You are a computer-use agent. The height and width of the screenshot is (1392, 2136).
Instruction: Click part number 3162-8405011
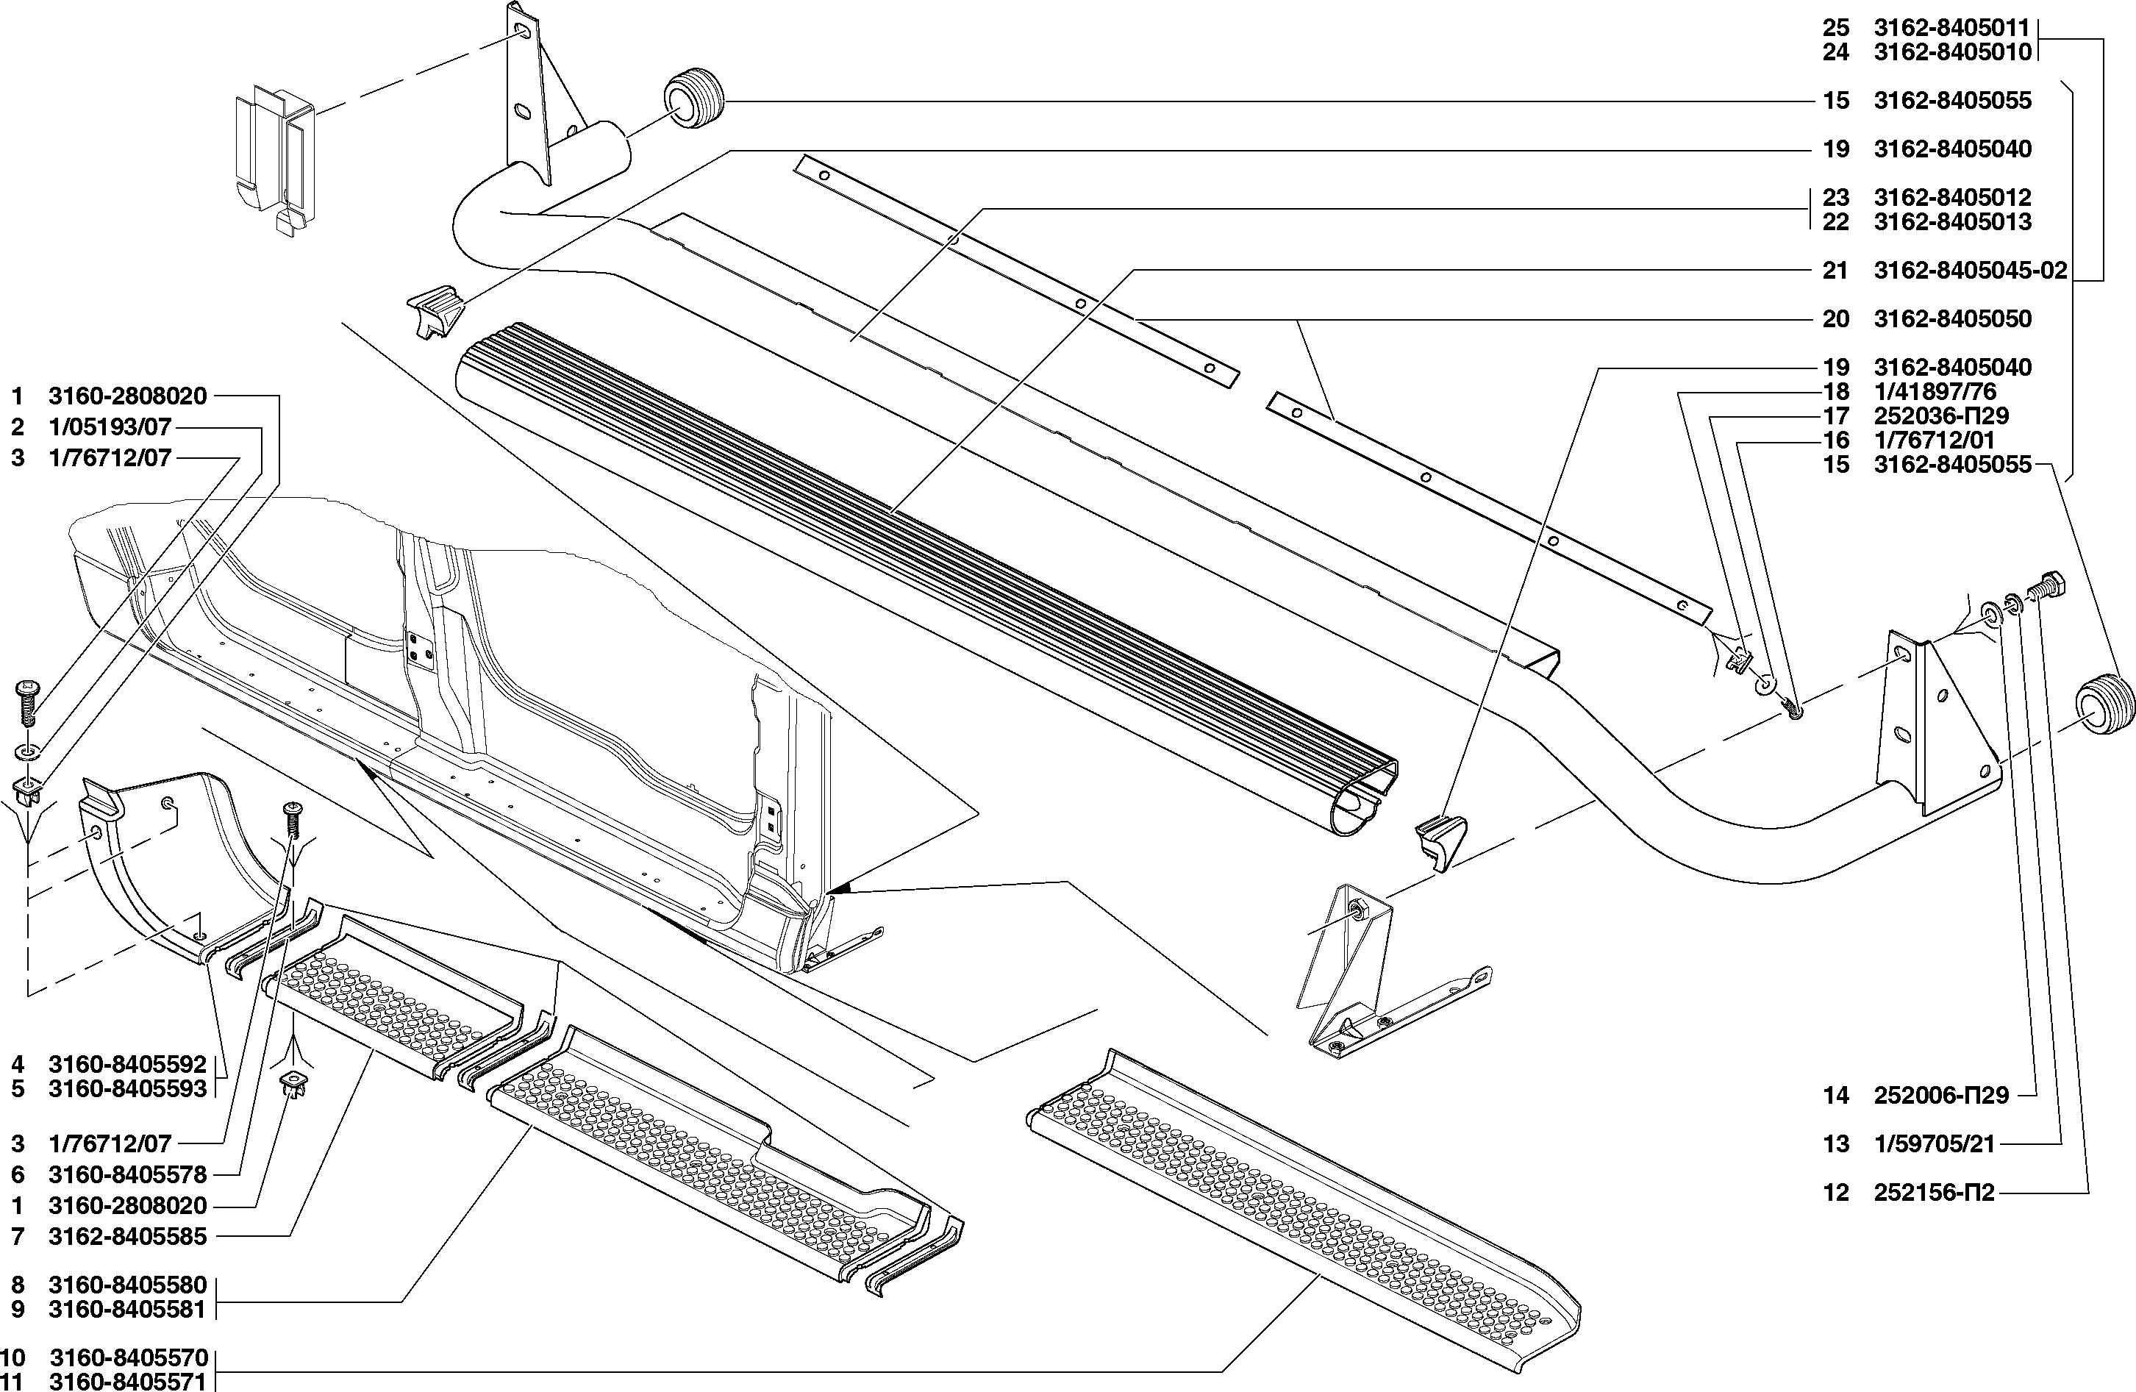(x=1952, y=28)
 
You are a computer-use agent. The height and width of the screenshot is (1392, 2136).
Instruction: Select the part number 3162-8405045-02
(x=1971, y=270)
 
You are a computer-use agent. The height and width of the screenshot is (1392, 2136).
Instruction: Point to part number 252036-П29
(x=1941, y=415)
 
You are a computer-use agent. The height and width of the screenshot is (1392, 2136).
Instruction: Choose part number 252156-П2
(x=1934, y=1193)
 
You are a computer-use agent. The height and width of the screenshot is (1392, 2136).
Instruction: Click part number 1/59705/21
(x=1933, y=1144)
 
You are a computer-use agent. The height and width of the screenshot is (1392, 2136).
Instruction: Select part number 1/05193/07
(x=110, y=427)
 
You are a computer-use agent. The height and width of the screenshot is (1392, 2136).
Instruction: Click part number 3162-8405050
(x=1952, y=318)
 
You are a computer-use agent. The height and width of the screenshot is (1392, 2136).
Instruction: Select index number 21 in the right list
(x=1835, y=270)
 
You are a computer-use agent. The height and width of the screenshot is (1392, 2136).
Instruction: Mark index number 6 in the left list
(x=18, y=1175)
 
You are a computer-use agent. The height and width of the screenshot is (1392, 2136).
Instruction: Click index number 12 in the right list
(x=1835, y=1193)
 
